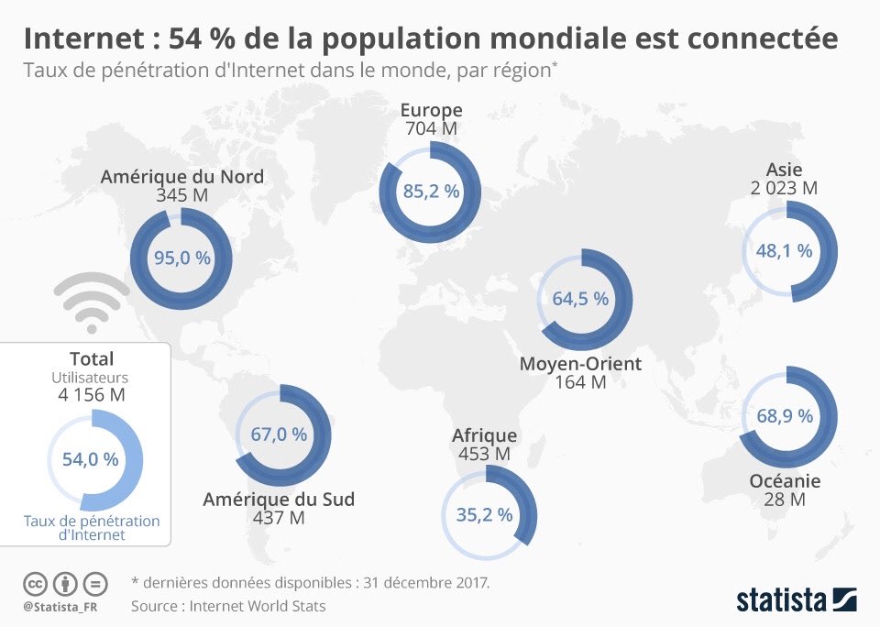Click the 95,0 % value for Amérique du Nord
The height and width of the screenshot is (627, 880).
pos(181,258)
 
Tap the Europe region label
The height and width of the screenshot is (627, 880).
pos(431,111)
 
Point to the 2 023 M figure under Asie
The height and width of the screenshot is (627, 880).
pos(784,188)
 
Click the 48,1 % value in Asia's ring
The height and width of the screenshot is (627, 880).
pos(784,250)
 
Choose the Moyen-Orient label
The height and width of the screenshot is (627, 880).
pos(580,364)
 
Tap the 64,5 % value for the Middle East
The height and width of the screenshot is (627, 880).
pos(580,298)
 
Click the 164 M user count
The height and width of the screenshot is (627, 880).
pos(580,383)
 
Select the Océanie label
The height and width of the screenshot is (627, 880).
pos(785,481)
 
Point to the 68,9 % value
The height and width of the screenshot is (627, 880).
pos(785,415)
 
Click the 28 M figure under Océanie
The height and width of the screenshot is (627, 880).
pos(785,500)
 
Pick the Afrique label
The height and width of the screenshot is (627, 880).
pos(484,435)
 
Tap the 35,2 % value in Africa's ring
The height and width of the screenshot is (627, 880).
pos(484,515)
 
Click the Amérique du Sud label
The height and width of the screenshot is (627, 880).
pos(279,500)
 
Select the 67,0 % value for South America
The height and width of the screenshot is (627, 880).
pos(279,434)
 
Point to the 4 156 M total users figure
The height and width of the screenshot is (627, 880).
pos(91,395)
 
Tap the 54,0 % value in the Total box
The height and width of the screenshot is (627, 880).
pos(90,459)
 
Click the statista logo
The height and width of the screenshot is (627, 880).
pos(796,599)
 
